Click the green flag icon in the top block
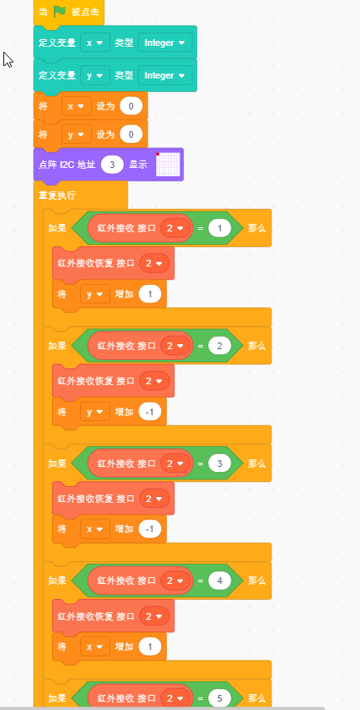tap(60, 12)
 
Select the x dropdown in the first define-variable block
tap(95, 43)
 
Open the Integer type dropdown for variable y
tap(165, 76)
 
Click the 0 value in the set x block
tap(131, 106)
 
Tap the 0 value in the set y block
tap(131, 134)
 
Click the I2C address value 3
tap(112, 165)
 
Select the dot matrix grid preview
tap(168, 165)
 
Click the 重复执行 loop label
tap(57, 195)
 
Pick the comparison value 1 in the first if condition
tap(220, 228)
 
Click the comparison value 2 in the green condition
tap(220, 346)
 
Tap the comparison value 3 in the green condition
tap(220, 464)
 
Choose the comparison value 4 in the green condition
tap(220, 581)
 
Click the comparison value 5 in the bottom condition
tap(220, 698)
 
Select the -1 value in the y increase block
tap(150, 412)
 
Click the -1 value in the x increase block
tap(150, 530)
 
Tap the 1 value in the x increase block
tap(150, 647)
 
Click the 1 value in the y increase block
tap(150, 294)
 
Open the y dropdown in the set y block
tap(77, 134)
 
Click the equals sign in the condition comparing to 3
tap(200, 464)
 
